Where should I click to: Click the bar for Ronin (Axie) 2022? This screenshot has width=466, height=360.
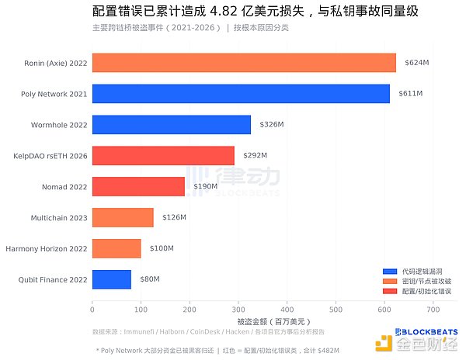tap(244, 62)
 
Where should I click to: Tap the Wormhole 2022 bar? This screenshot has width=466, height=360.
tap(171, 124)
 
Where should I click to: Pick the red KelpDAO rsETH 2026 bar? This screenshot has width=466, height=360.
tap(163, 155)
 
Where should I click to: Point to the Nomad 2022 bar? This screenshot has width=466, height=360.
tap(138, 186)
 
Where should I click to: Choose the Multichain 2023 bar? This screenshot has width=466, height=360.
tap(123, 217)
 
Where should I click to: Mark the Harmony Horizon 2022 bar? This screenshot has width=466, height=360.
tap(116, 248)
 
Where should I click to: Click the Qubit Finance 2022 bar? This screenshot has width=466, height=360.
tap(111, 279)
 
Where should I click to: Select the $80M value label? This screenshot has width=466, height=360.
tap(149, 279)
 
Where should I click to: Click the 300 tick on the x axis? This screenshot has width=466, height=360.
tap(238, 310)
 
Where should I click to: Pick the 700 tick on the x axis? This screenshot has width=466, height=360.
tap(433, 310)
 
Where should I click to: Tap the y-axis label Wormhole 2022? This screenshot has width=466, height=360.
tap(57, 124)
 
